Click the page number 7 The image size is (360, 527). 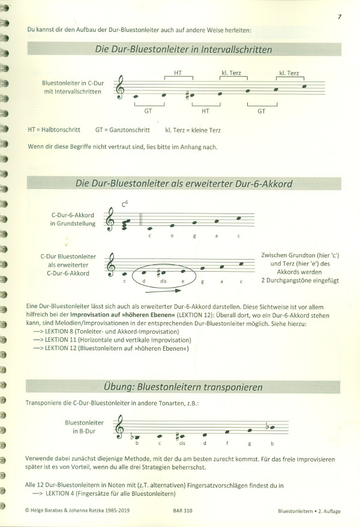point(340,16)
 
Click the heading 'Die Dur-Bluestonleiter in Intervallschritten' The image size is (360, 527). point(183,50)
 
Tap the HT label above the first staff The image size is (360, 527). point(178,73)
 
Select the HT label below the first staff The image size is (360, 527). point(205,111)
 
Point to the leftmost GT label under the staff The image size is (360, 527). point(148,111)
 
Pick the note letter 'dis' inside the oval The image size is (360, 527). point(163,281)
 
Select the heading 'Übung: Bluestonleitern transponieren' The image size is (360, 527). point(184,387)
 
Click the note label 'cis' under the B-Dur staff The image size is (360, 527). point(181,444)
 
